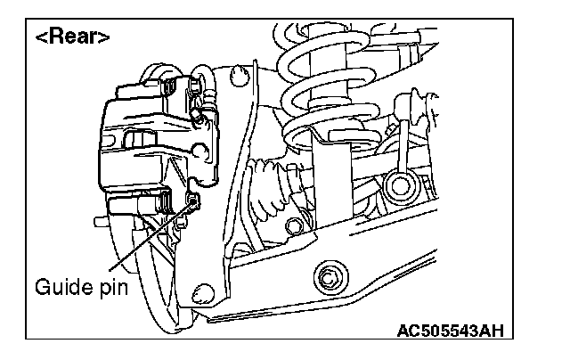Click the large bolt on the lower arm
coord(330,277)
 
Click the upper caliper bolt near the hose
coord(191,86)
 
